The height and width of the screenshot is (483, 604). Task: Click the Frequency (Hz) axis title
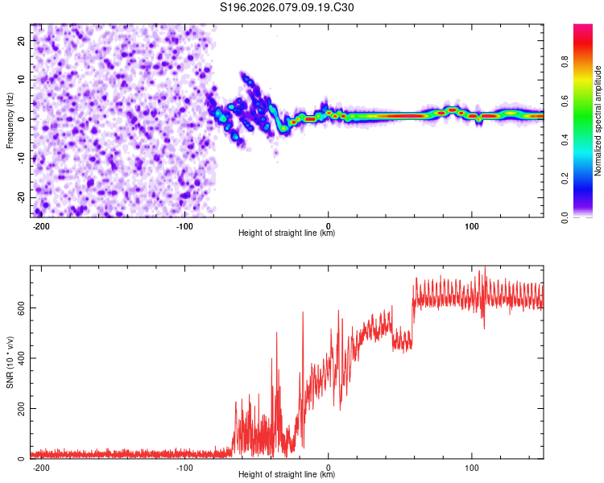tap(10, 121)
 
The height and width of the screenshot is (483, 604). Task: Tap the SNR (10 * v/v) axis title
tap(10, 361)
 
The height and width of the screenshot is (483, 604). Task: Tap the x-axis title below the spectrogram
tap(287, 233)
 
